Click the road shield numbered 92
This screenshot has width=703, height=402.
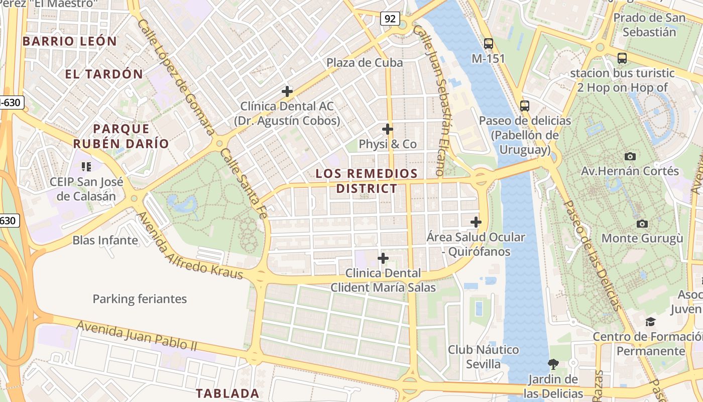[x=390, y=19]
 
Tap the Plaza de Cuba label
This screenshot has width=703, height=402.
[x=365, y=63]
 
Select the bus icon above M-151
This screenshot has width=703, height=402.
[x=488, y=44]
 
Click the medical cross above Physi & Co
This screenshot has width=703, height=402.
[x=387, y=129]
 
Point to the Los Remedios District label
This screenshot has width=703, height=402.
[x=367, y=181]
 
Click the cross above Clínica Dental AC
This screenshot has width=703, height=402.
[x=287, y=91]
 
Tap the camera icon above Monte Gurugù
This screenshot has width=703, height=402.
[x=642, y=224]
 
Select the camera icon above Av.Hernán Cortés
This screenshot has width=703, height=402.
[x=630, y=156]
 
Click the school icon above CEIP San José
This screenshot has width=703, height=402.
[x=86, y=166]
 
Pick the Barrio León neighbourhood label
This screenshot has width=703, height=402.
[x=70, y=41]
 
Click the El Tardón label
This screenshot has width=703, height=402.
[x=104, y=74]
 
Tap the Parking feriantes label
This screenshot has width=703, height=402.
[x=140, y=299]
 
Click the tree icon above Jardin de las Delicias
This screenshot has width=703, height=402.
[x=553, y=363]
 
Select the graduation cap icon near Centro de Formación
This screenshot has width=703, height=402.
[x=651, y=321]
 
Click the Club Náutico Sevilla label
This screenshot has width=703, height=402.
[x=483, y=356]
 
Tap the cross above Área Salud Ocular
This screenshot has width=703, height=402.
[x=476, y=222]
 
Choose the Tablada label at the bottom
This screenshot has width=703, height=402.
[x=227, y=393]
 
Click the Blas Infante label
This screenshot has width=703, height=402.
[x=105, y=240]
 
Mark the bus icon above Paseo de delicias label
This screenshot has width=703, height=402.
[x=525, y=106]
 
